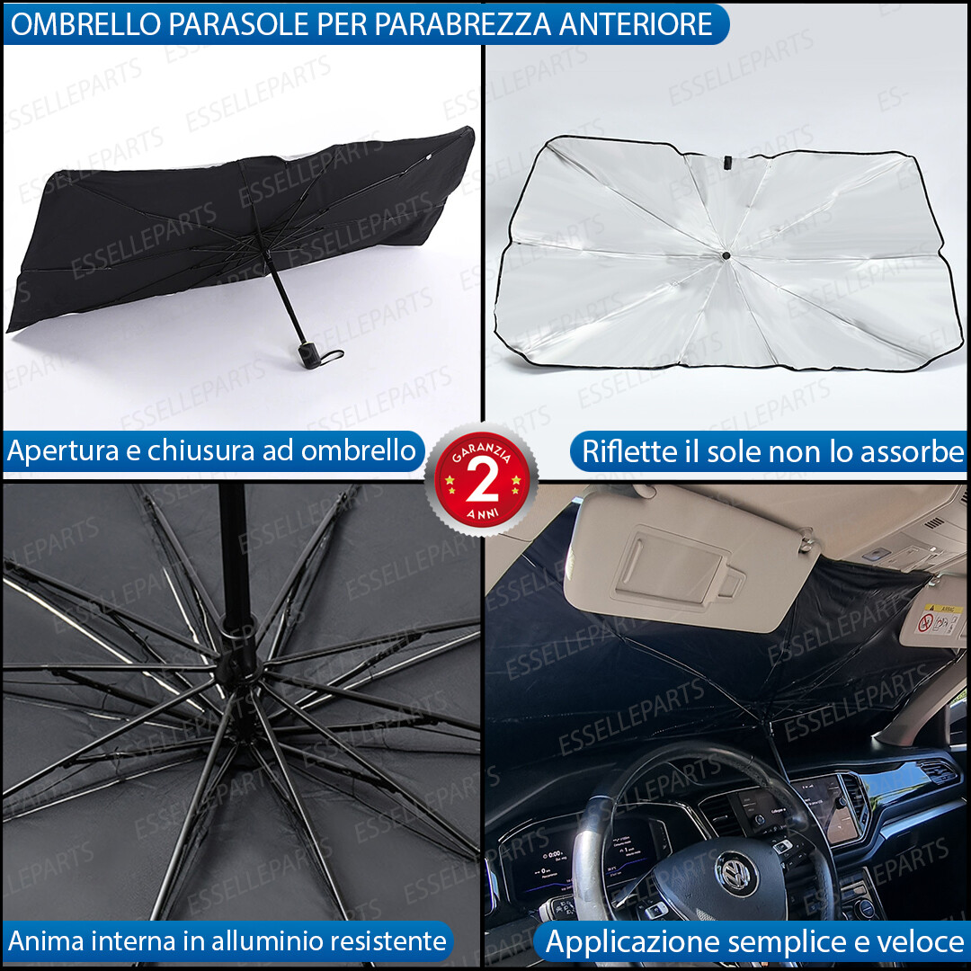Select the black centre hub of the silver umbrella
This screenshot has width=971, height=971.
(x=725, y=256)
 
